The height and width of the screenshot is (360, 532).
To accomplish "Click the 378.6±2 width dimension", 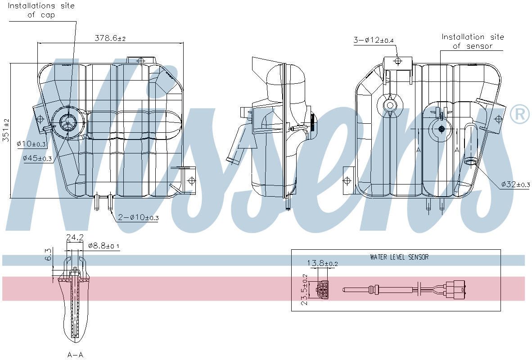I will tap(109, 39).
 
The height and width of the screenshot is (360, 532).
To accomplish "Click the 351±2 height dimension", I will tap(6, 130).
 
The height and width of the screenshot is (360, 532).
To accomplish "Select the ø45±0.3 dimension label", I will tap(37, 158).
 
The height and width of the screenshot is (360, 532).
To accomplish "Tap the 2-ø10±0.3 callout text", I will tap(138, 218).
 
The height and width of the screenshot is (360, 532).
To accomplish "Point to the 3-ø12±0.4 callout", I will tap(373, 40).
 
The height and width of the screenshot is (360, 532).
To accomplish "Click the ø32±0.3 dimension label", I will tap(515, 184).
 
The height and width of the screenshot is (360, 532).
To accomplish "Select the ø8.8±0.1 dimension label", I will tap(104, 246).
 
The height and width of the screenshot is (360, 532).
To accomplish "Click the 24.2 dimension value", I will tap(74, 237).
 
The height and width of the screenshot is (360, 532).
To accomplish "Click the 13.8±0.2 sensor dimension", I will tap(322, 263).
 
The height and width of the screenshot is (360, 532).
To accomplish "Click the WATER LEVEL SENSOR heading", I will tap(399, 257).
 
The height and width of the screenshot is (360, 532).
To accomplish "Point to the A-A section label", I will tap(75, 355).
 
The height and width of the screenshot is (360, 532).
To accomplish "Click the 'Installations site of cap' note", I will tap(41, 10).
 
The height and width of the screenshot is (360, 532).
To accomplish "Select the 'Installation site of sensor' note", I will tap(472, 41).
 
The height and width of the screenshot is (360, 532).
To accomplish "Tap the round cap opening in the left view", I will tap(68, 121).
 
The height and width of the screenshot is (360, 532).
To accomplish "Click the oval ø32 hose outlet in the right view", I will tap(471, 161).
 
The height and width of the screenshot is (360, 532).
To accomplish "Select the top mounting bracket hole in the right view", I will tap(397, 61).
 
